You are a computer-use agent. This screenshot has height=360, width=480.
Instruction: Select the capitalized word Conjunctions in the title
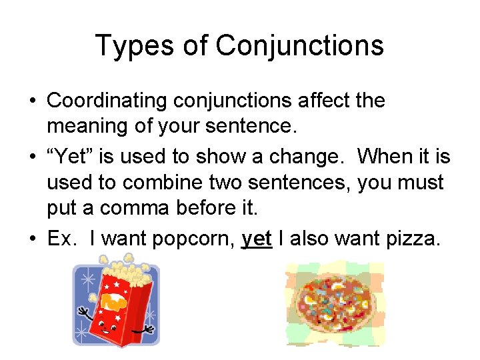300,46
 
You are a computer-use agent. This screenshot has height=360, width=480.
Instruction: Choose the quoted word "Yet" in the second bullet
70,157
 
